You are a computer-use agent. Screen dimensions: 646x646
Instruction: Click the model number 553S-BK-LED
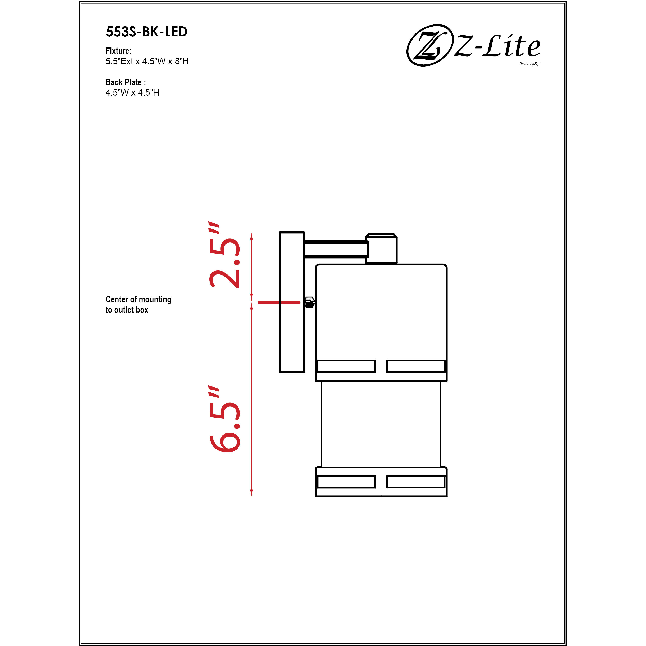coord(146,32)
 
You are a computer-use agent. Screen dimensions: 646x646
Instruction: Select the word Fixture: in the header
coord(118,51)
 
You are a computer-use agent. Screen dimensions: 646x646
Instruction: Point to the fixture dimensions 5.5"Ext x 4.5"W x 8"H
coord(147,61)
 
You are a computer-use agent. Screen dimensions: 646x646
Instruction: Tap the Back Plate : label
coord(125,82)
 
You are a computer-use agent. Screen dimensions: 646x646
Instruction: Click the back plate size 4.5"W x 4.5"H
coord(132,93)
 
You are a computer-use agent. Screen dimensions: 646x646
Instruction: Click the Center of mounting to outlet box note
coord(138,305)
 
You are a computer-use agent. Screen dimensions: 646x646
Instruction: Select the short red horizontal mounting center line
coord(278,302)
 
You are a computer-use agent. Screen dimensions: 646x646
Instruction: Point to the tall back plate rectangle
coord(292,302)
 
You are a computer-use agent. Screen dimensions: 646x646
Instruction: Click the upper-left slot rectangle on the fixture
coord(346,366)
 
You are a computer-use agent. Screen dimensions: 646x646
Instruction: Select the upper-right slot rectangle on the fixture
coord(416,366)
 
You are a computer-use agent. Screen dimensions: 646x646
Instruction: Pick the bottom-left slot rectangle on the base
coord(346,482)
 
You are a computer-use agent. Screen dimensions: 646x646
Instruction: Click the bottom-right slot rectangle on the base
coord(416,482)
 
